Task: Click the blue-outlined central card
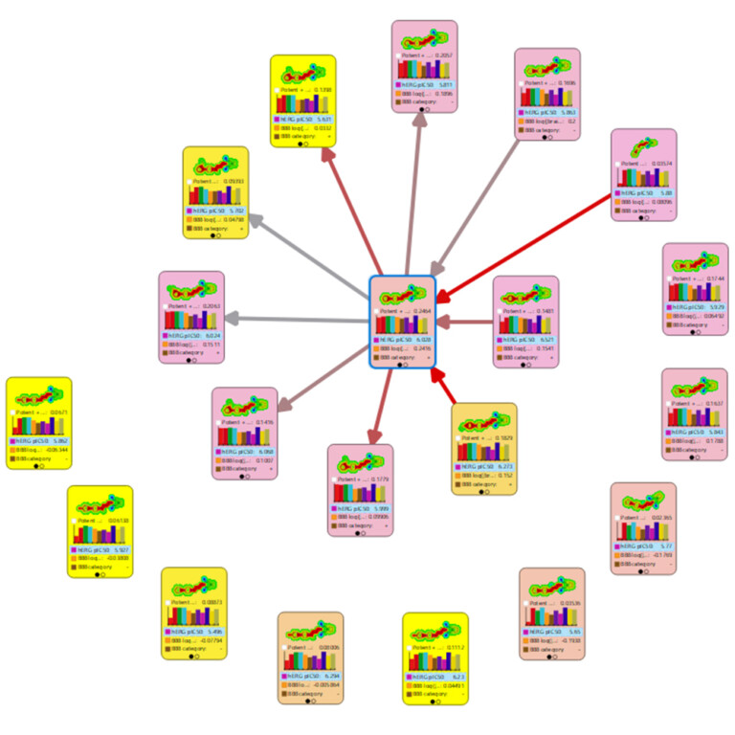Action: (x=403, y=322)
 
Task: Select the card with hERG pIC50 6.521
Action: (x=525, y=322)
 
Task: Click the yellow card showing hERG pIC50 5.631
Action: (x=302, y=100)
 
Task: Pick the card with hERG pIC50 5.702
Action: (x=215, y=192)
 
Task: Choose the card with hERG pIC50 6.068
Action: (x=245, y=433)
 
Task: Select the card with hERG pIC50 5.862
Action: (x=39, y=423)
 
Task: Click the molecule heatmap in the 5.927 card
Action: (x=100, y=503)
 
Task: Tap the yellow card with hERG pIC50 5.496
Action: (x=193, y=613)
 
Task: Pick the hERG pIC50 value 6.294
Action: (x=327, y=676)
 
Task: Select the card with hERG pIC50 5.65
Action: (x=552, y=613)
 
